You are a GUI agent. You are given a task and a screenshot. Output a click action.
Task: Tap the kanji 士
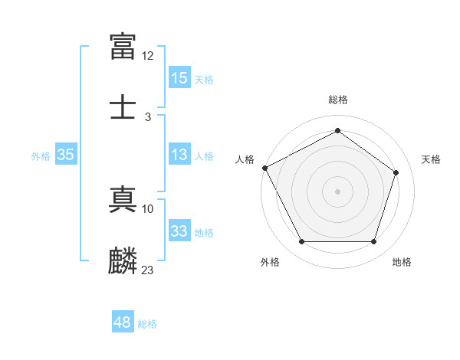[x=123, y=106]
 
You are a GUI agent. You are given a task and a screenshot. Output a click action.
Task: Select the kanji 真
[x=123, y=198]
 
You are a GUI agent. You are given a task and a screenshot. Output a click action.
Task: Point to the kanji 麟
[x=123, y=260]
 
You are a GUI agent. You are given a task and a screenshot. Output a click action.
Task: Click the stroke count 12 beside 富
[x=148, y=56]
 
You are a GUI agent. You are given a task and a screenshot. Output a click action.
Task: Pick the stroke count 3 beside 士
[x=148, y=117]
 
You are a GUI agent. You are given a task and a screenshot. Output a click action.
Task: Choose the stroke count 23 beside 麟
[x=148, y=270]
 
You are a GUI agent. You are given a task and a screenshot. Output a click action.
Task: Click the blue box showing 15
[x=179, y=78]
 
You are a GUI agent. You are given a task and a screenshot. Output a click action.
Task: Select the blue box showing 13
[x=179, y=155]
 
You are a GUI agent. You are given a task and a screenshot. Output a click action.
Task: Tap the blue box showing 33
[x=179, y=231]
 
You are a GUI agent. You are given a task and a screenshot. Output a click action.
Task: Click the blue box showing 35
[x=65, y=155]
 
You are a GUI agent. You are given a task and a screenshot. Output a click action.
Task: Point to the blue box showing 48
[x=123, y=322]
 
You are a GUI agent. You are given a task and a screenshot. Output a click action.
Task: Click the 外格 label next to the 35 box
[x=41, y=155]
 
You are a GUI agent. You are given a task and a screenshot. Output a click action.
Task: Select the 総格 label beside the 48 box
[x=147, y=324]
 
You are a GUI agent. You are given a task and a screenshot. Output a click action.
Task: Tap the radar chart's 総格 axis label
[x=337, y=100]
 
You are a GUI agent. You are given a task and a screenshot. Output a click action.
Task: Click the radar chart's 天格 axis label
[x=431, y=159]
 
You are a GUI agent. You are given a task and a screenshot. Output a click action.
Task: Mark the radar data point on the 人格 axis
[x=264, y=168]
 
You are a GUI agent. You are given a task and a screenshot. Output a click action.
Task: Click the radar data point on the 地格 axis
[x=373, y=242]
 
